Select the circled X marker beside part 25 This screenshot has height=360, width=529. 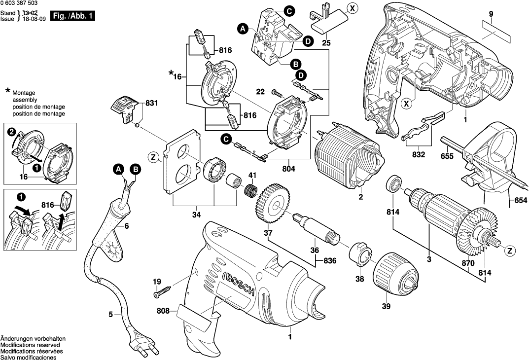click(x=351, y=7)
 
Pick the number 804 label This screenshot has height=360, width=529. click(x=289, y=169)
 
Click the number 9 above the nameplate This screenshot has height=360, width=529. click(x=491, y=14)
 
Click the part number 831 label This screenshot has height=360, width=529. click(x=152, y=104)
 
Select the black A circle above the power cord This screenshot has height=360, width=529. click(x=118, y=170)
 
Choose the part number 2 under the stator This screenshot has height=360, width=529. click(x=361, y=197)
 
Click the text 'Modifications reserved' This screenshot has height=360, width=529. click(x=32, y=345)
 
